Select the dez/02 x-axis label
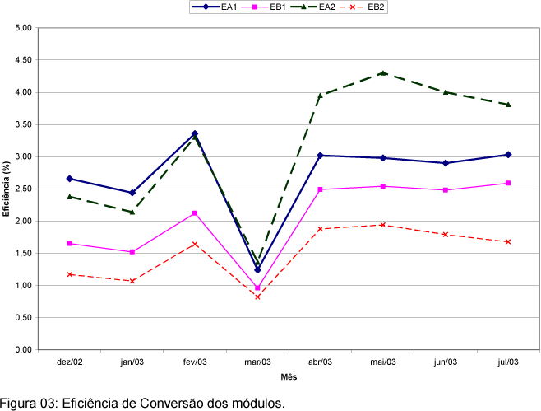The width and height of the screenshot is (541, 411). coord(69,362)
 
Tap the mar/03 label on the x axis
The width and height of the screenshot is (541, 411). coord(257,362)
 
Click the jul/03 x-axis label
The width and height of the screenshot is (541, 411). coord(508,362)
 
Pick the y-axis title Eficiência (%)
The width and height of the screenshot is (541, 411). coord(6,189)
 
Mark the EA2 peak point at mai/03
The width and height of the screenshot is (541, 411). coord(383,73)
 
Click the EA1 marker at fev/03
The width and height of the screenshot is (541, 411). coord(195,133)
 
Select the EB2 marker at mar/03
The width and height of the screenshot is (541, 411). coord(257,297)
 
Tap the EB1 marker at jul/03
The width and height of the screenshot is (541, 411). coord(508,183)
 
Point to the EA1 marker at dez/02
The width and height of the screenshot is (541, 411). coord(69,178)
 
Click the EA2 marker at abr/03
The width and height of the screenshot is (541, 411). coord(320,96)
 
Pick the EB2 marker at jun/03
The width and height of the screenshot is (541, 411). coord(446,235)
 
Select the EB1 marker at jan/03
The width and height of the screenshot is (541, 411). coord(132,252)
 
